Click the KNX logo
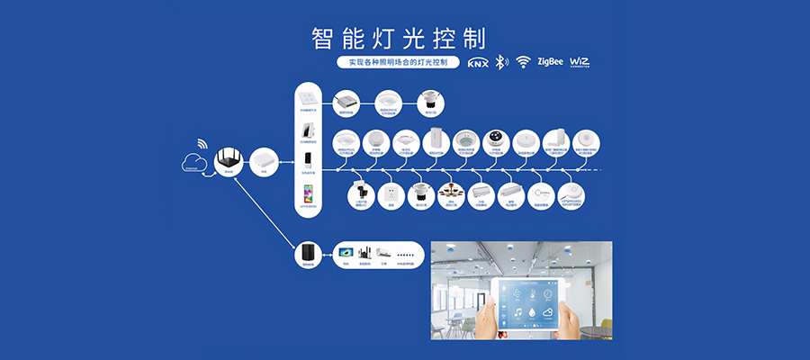tap(477, 63)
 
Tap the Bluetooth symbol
tap(501, 63)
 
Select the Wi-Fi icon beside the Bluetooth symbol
tap(523, 63)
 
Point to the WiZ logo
tap(580, 62)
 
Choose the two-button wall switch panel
tap(308, 96)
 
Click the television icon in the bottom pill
tap(345, 254)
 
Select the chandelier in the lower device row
tap(450, 192)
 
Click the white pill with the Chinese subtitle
tap(391, 63)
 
